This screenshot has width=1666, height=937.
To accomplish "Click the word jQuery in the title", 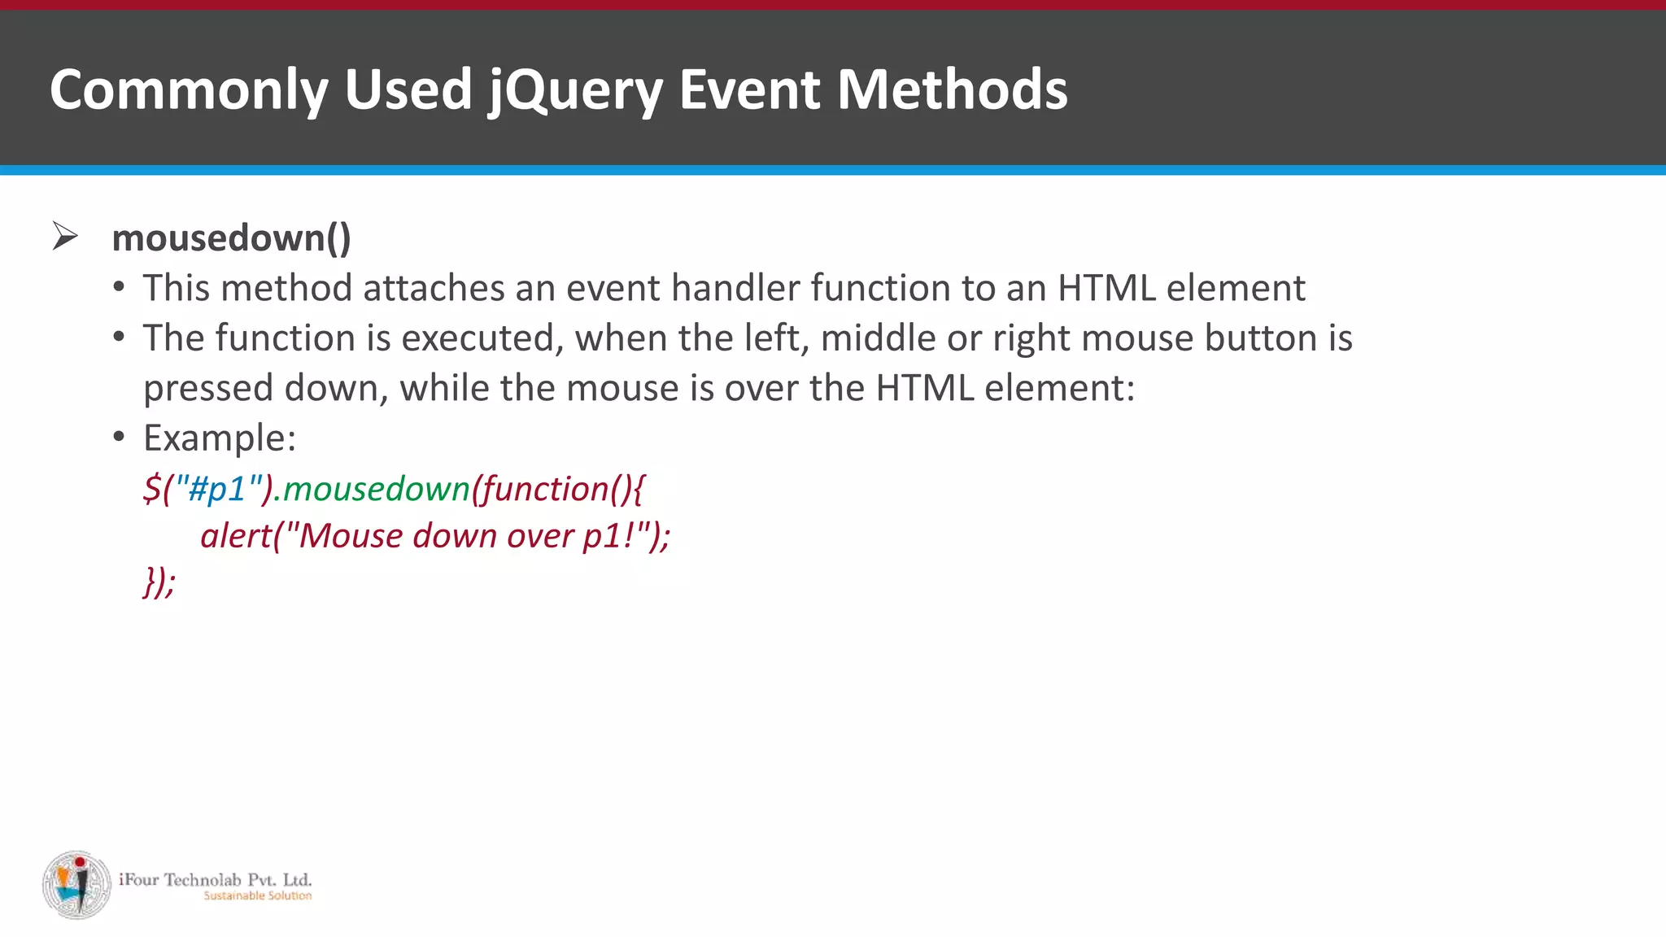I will click(x=576, y=89).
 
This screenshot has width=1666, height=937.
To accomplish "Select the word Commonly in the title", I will click(x=188, y=89).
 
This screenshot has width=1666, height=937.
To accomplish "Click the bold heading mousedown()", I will click(x=231, y=238).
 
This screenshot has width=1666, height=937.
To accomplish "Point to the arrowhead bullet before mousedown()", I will click(x=65, y=237).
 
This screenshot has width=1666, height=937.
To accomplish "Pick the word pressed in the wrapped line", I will click(x=208, y=389).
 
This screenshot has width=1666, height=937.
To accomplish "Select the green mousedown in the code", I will click(x=377, y=489).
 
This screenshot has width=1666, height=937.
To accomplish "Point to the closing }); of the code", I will click(x=159, y=582).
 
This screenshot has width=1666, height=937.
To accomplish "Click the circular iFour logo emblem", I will click(x=76, y=885).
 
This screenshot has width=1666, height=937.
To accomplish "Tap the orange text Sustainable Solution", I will click(x=257, y=896).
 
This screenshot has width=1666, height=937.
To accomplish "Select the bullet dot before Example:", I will click(x=120, y=438).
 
